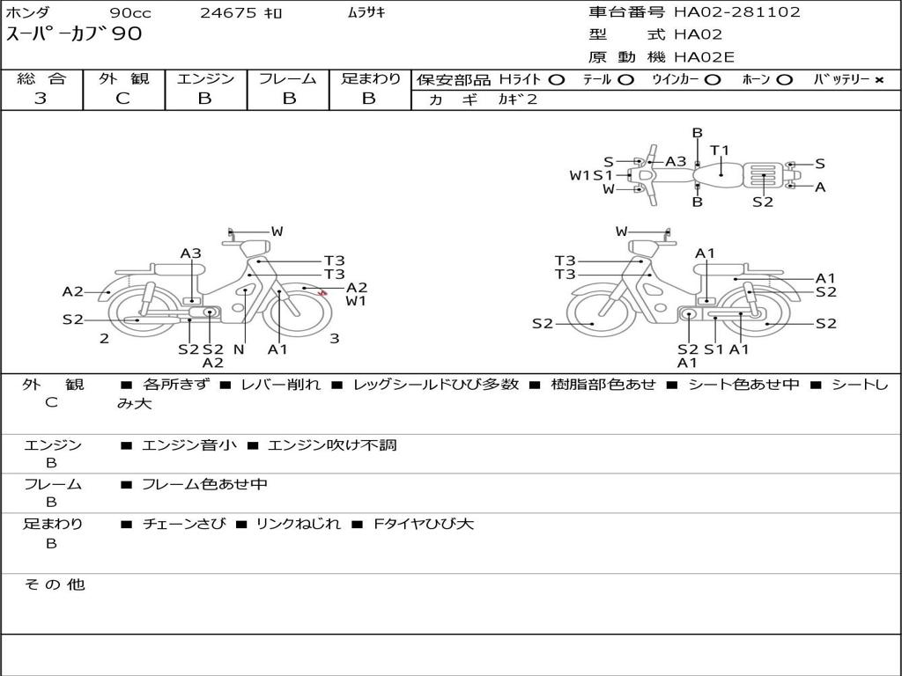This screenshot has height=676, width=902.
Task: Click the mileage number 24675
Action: [x=228, y=13]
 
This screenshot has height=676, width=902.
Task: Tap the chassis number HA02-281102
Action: [x=737, y=12]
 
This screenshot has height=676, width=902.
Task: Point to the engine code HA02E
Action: [x=704, y=58]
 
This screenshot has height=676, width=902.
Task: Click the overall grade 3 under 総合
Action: [x=41, y=99]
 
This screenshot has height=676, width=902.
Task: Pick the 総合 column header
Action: [x=41, y=78]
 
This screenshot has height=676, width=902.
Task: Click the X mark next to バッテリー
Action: [x=878, y=80]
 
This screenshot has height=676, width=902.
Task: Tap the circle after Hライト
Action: [x=556, y=80]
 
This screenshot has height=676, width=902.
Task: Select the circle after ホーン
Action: [x=785, y=80]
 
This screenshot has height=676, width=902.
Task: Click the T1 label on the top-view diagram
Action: [x=720, y=151]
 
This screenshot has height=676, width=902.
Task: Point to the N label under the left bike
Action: [x=239, y=349]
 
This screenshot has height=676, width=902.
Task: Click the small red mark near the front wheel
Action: [x=322, y=293]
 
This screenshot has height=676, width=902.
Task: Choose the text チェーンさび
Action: [x=183, y=524]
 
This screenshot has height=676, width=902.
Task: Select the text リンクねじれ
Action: [x=298, y=524]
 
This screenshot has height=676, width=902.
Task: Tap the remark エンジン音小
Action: [x=189, y=445]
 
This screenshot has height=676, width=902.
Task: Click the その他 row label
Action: [x=54, y=584]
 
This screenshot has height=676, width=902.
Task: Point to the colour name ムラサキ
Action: [x=366, y=13]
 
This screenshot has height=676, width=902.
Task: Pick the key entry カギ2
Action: [x=517, y=99]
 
